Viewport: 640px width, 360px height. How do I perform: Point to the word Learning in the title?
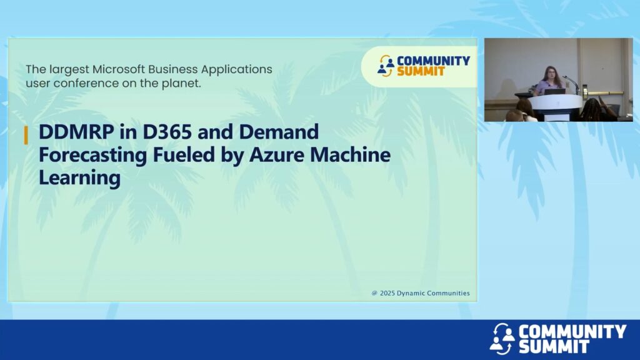pos(79,178)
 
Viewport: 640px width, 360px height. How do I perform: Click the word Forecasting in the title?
pos(92,156)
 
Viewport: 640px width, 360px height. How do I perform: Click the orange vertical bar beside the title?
pos(26,135)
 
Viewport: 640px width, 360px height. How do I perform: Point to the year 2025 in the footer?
pos(387,293)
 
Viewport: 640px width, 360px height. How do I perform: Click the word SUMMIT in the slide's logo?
pos(421,71)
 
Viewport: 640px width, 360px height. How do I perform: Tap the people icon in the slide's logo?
pos(386,66)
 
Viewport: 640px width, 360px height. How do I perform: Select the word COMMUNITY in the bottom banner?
pos(572,331)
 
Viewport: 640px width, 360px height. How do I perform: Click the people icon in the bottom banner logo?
pos(502,338)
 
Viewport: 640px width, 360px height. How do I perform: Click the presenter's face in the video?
pos(548,75)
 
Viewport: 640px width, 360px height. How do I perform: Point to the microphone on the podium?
pos(571,83)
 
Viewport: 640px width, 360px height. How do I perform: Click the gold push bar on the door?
pos(604,94)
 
